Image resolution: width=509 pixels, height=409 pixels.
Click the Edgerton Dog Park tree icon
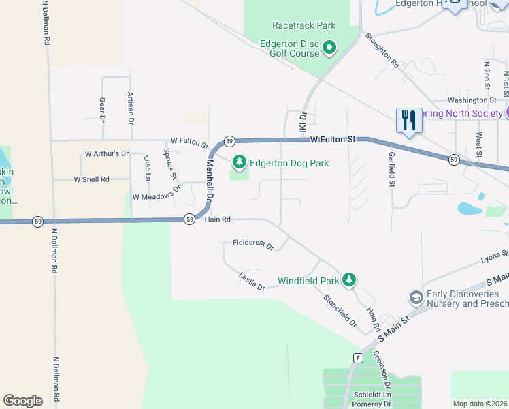(239, 162)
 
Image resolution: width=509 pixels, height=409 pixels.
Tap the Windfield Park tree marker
(349, 279)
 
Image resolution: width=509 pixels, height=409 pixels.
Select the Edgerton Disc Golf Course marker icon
(329, 48)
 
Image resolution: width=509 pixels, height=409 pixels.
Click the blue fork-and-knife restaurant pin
(408, 121)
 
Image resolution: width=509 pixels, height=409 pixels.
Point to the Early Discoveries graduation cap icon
(415, 298)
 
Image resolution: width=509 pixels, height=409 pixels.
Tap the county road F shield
(357, 358)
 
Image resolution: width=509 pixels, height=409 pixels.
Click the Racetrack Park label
(303, 25)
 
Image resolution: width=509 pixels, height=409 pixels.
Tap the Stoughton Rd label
(382, 51)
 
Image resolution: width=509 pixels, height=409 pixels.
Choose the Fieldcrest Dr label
(252, 243)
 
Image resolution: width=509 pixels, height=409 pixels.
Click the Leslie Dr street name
(251, 282)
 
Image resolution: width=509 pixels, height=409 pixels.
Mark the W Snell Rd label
(92, 179)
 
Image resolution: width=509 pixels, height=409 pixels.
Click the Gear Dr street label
(103, 108)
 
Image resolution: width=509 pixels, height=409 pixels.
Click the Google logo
(23, 401)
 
